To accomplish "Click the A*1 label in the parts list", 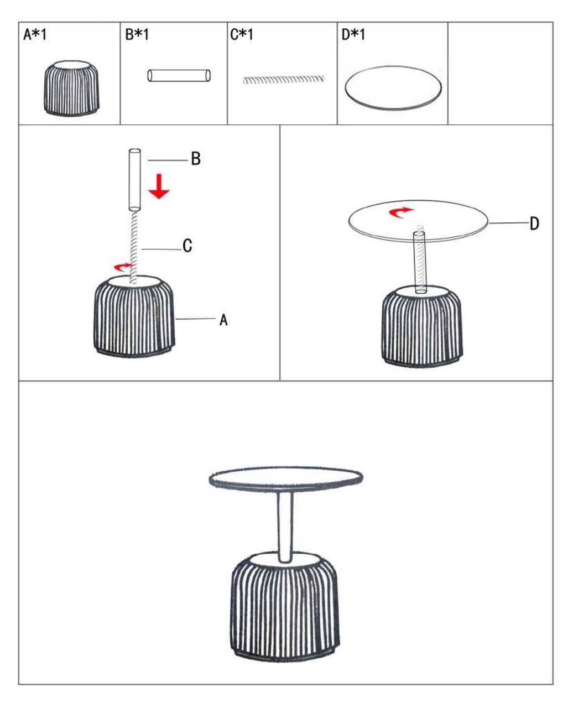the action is tap(35, 34).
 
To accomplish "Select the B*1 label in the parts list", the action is tap(137, 34).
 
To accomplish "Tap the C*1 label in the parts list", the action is tap(242, 34).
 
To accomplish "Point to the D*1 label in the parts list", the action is tap(353, 34).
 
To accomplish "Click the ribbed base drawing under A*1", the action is tap(71, 88).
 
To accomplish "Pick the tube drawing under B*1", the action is tap(179, 75).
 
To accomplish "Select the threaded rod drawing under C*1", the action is tap(284, 80).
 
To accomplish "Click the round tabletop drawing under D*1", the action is tap(393, 87).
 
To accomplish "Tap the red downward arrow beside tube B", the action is tap(159, 186).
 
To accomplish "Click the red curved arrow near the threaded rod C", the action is tap(122, 266).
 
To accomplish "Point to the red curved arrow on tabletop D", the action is tap(402, 212).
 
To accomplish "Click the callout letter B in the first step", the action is tap(196, 159).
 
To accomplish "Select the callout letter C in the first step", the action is tap(187, 246).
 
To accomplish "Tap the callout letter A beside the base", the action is tap(223, 320).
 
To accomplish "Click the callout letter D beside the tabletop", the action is tap(534, 223).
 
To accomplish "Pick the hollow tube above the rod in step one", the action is tap(134, 180).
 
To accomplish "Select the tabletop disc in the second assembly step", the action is tap(419, 221).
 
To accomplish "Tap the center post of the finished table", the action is tap(285, 526).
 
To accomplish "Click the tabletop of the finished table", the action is tap(286, 479).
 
